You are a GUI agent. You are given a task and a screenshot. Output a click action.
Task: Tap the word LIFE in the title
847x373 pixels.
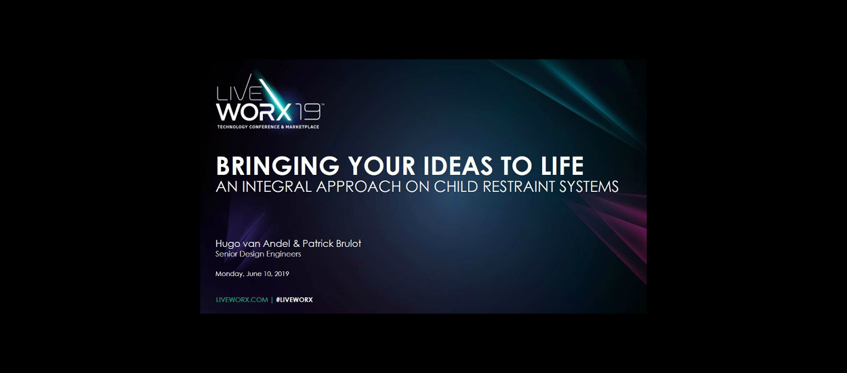562,166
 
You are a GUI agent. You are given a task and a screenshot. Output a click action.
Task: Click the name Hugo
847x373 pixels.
228,244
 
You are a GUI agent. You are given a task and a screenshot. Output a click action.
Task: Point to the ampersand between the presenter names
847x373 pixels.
296,243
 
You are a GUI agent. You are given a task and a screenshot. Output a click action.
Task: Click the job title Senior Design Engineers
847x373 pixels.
258,254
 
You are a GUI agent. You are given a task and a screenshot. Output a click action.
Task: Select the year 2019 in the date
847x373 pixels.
282,273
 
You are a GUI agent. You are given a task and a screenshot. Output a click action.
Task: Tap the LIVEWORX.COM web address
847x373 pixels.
242,300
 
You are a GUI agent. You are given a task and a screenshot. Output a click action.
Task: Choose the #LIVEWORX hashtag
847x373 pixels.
295,300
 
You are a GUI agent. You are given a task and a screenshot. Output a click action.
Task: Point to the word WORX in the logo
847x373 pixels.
254,112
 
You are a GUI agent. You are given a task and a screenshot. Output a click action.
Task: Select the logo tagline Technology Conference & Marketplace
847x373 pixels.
268,127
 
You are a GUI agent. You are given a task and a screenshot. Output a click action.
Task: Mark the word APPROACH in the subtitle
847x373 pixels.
358,187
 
